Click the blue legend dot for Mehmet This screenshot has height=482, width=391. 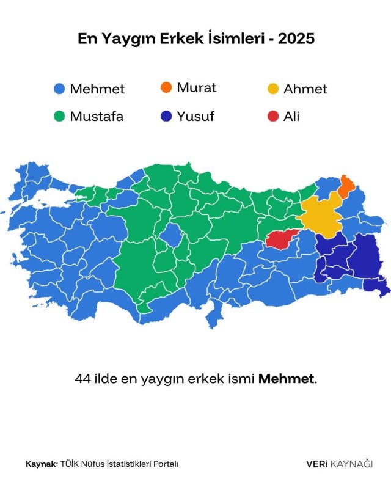[x=59, y=89]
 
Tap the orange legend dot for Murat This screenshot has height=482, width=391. [x=166, y=87]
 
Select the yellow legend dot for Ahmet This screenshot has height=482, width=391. [x=272, y=89]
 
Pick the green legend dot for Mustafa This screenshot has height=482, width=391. [x=59, y=117]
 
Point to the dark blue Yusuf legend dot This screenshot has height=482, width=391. [x=166, y=117]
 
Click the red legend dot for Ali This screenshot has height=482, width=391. [x=272, y=117]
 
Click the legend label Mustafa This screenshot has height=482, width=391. [x=97, y=117]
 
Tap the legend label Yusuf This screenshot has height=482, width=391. [x=195, y=117]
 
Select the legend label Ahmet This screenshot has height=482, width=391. [x=305, y=89]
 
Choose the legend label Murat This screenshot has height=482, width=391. [x=196, y=87]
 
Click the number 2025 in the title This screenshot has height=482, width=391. [x=296, y=39]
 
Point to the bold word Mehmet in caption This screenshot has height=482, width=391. [x=286, y=379]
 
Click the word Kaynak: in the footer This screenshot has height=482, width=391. [x=42, y=464]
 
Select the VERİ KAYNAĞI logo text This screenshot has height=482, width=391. [x=339, y=464]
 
